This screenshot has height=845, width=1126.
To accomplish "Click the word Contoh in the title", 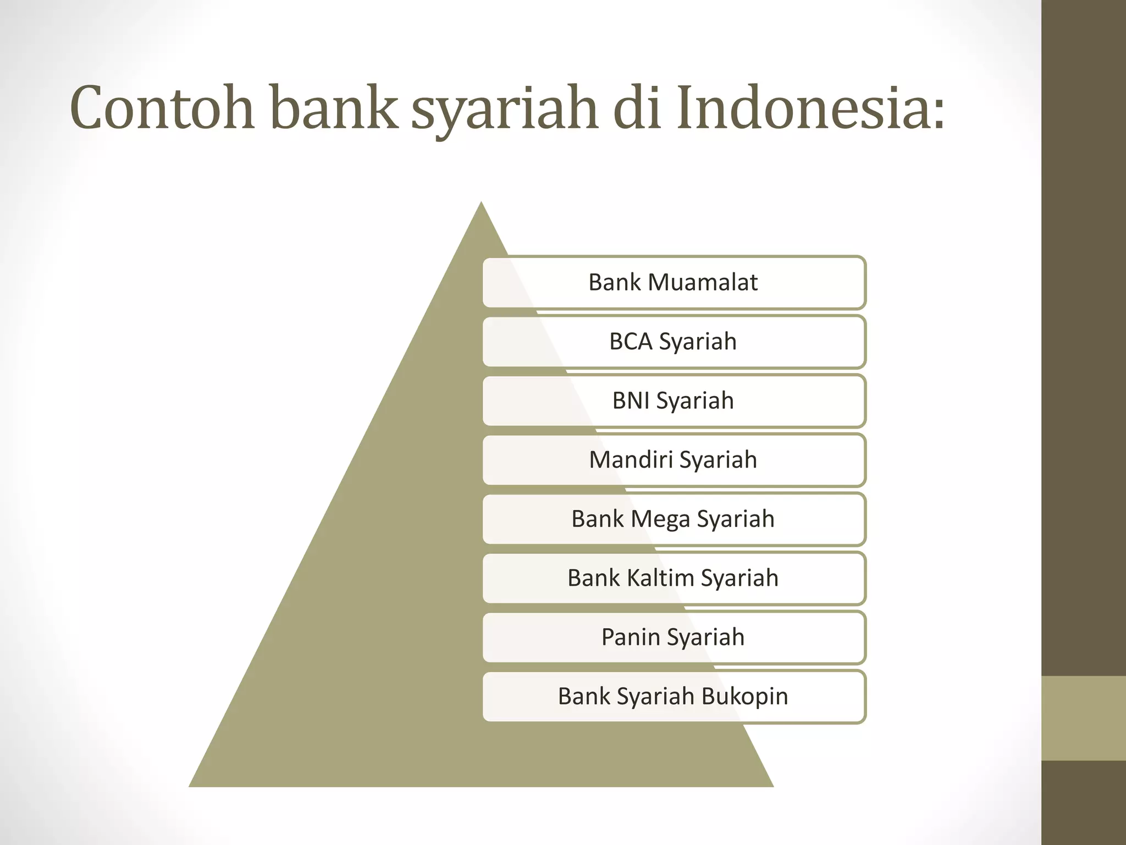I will click(162, 108).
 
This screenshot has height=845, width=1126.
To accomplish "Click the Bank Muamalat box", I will click(674, 282).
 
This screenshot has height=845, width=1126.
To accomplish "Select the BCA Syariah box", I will click(674, 342).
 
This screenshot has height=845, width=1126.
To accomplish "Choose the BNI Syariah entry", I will click(674, 400).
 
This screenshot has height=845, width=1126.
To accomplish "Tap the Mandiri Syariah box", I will click(674, 460).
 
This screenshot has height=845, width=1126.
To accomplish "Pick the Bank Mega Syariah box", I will click(674, 519).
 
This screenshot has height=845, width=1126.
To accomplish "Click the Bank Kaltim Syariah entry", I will click(674, 578).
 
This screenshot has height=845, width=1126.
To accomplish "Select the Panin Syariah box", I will click(674, 637).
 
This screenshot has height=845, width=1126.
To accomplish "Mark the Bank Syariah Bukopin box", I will click(674, 696).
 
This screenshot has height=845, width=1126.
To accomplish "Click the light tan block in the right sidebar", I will click(1083, 718).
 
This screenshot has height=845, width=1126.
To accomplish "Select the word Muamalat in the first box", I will click(703, 282).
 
